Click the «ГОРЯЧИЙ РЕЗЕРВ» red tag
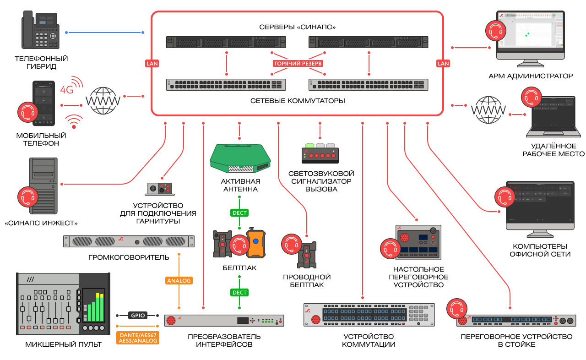(298, 63)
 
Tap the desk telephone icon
(41, 31)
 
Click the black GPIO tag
(137, 316)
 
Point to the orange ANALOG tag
(179, 280)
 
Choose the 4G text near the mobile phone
(67, 90)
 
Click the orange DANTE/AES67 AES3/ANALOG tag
(138, 338)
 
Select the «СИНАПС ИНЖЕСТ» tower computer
(43, 185)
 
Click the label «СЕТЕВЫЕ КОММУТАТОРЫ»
(298, 100)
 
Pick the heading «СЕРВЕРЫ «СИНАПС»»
(298, 27)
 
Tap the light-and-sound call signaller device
(320, 153)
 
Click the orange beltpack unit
(255, 243)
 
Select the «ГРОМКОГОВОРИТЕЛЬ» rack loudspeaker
(129, 241)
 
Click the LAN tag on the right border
(443, 63)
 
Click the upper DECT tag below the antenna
(239, 213)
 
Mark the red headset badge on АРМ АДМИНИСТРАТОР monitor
(496, 30)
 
